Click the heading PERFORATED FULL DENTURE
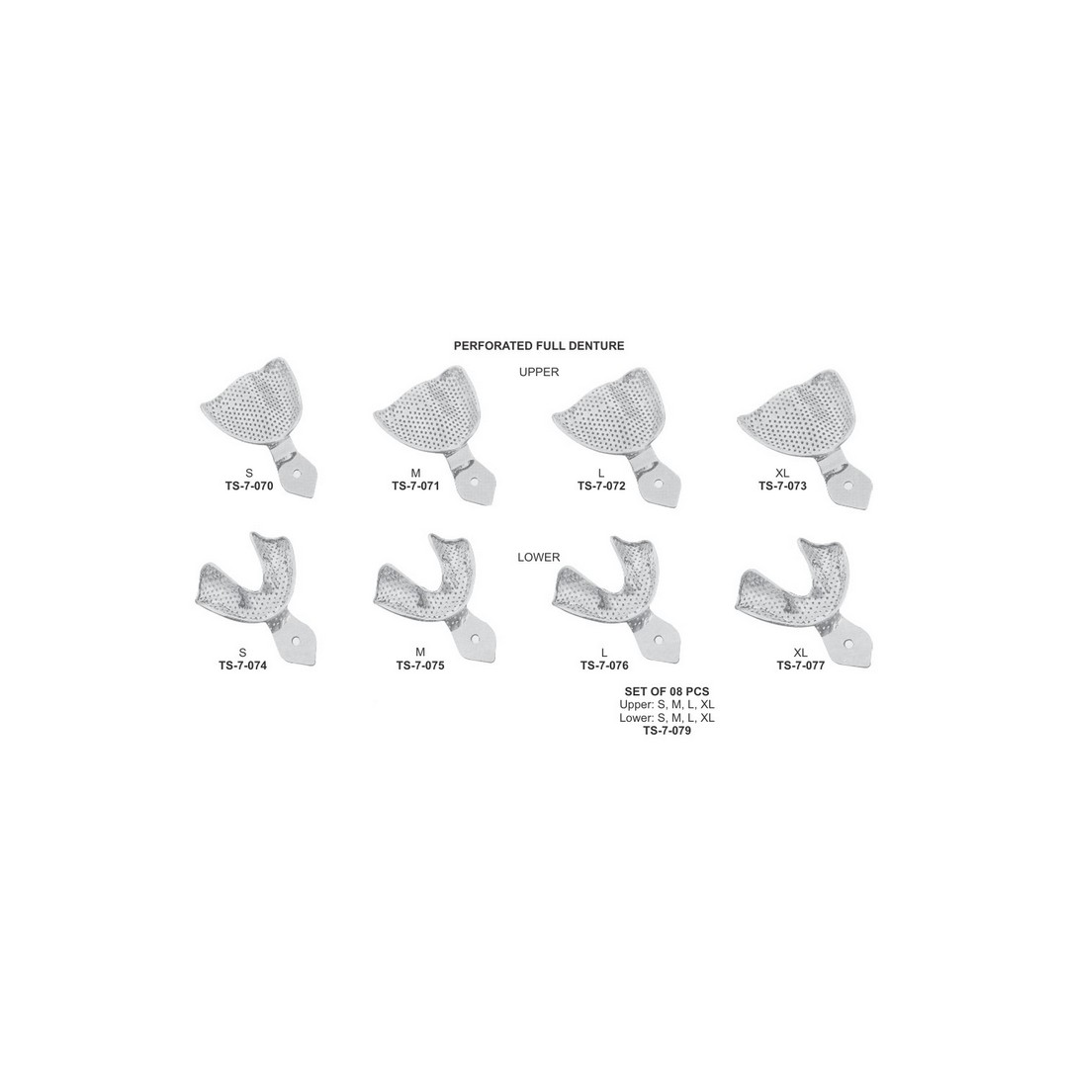(x=539, y=346)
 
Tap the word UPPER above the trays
(x=539, y=372)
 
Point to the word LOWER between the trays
(x=539, y=557)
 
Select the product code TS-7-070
(x=249, y=487)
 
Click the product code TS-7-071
(x=415, y=487)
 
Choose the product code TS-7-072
(x=601, y=487)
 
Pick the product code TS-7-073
(x=782, y=487)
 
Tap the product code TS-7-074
(x=242, y=666)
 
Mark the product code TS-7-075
(x=420, y=666)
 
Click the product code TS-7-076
(x=604, y=666)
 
